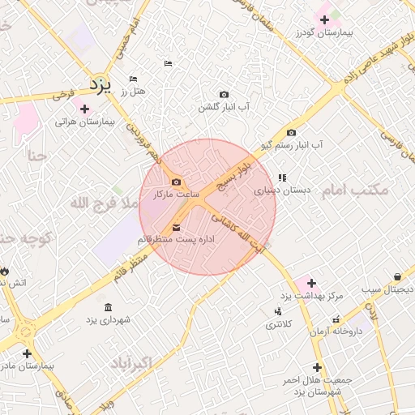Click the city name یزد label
click(98, 83)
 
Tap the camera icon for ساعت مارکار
click(177, 182)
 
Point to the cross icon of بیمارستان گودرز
click(324, 19)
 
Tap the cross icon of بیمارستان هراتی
click(85, 109)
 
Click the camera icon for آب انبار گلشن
click(224, 95)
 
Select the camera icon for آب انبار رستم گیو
click(292, 133)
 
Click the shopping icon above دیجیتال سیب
click(397, 276)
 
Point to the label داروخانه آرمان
click(335, 331)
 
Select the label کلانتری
click(280, 323)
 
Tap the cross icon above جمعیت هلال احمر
click(317, 367)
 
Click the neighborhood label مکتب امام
click(355, 190)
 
